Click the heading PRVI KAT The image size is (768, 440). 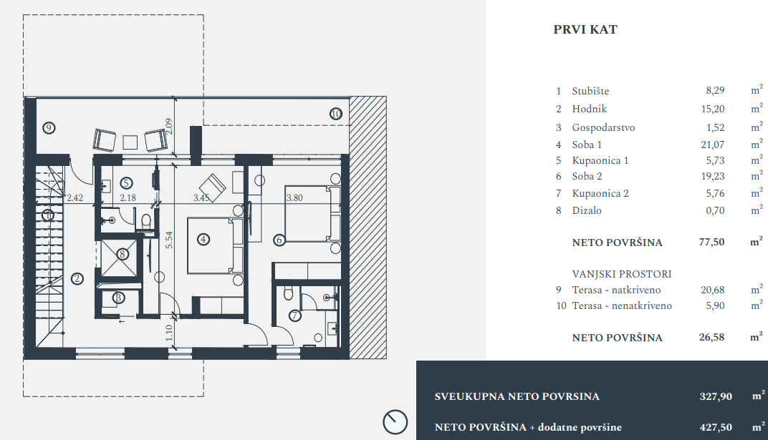tap(585, 30)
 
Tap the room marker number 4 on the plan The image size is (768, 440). tap(204, 240)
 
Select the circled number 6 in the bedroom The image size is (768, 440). tap(279, 240)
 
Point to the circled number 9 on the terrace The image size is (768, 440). tap(49, 128)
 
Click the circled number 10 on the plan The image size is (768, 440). tap(336, 113)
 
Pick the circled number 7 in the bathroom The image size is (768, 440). tap(294, 316)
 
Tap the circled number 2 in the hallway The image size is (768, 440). tap(77, 279)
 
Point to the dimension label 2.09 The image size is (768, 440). tap(168, 127)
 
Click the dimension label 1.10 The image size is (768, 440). tap(169, 332)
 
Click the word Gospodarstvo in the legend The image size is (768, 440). tap(603, 128)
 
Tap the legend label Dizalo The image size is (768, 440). tap(587, 211)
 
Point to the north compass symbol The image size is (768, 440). tap(395, 421)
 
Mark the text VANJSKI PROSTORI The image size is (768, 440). tap(621, 274)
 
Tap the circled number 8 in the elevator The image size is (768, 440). tap(123, 253)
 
